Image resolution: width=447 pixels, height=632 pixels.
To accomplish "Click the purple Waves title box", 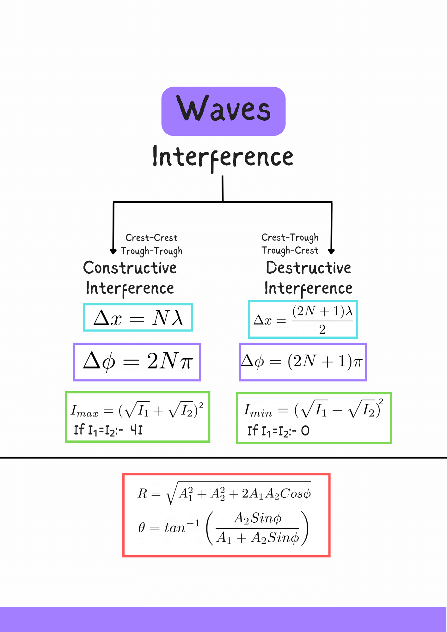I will [223, 111].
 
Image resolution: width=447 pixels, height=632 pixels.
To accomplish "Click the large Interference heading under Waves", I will [223, 157].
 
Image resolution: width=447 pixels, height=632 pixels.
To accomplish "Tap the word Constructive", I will [130, 268].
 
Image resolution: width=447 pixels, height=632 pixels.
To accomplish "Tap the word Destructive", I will [308, 268].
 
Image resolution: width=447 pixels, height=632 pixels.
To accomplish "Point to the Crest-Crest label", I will [151, 238].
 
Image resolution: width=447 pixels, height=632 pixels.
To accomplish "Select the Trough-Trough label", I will [151, 251].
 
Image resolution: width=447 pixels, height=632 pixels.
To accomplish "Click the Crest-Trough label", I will [290, 237].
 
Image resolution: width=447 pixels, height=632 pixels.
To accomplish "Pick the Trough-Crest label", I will [290, 251].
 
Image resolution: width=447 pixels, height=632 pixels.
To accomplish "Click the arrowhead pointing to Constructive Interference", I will [113, 252].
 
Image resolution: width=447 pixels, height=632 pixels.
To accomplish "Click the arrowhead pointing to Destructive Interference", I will [331, 252].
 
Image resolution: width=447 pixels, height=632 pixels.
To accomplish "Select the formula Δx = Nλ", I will [138, 318].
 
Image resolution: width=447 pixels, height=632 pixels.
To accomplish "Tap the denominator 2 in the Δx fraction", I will [322, 330].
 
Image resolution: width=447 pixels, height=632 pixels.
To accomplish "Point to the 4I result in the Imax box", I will [137, 430].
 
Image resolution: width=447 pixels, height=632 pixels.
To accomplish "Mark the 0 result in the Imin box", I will [305, 430].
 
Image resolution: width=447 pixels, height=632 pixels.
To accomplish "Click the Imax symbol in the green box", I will [84, 411].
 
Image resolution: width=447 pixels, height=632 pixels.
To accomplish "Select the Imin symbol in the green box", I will [258, 410].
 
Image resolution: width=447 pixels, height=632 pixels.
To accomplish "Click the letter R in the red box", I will [143, 494].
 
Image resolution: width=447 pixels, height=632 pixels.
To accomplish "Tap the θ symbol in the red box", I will [142, 527].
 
